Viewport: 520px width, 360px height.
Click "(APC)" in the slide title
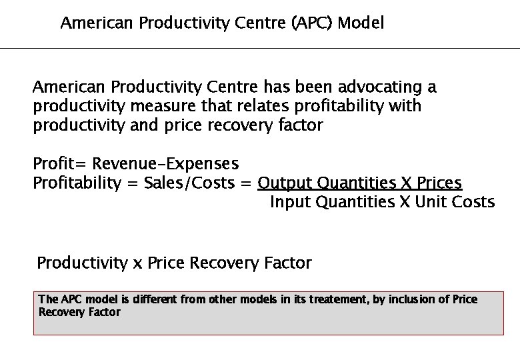coord(313,23)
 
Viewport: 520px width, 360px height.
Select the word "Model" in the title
coord(361,23)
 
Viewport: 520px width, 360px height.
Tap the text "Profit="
coord(61,163)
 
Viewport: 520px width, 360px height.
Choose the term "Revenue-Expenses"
coord(165,163)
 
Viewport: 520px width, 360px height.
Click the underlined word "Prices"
coord(438,183)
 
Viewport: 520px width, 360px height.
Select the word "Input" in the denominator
coord(290,202)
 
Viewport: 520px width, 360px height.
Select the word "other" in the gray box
coord(223,299)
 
